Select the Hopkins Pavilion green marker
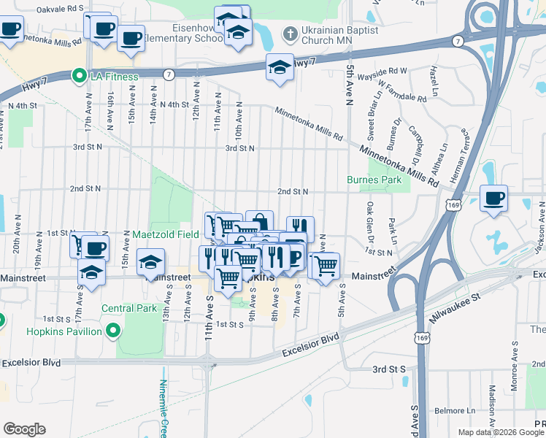pyautogui.click(x=112, y=332)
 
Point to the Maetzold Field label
pyautogui.click(x=166, y=235)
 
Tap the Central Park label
pyautogui.click(x=130, y=309)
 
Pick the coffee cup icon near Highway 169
pyautogui.click(x=494, y=198)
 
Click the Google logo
pyautogui.click(x=24, y=429)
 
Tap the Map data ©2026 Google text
pyautogui.click(x=501, y=432)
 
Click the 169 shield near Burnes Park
pyautogui.click(x=454, y=204)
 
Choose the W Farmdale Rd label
pyautogui.click(x=402, y=96)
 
